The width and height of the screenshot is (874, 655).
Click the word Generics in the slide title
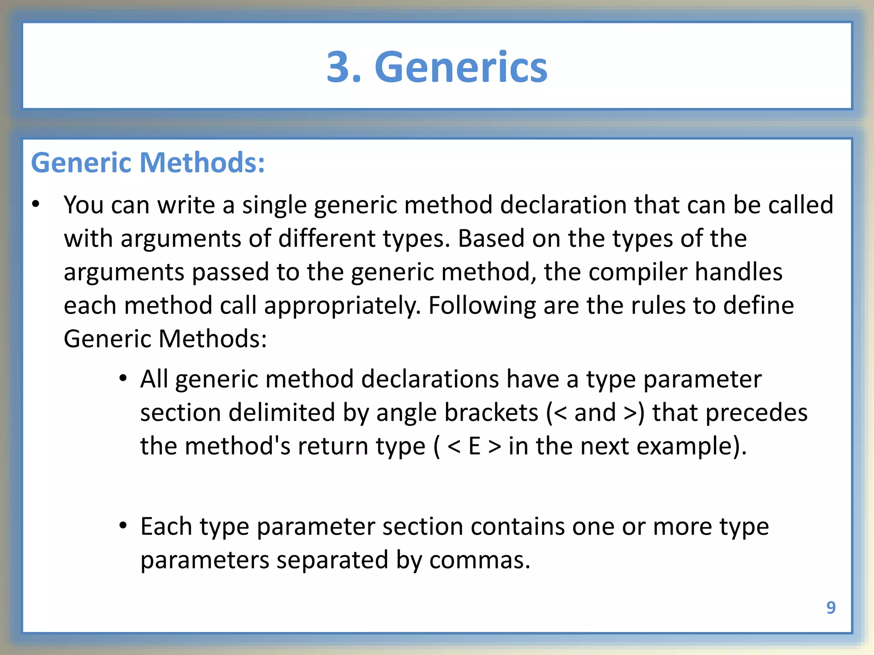[461, 67]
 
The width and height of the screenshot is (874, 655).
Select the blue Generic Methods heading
[148, 163]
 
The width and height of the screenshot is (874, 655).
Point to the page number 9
[830, 607]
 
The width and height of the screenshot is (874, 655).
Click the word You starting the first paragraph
[84, 205]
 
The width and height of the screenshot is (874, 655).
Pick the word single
[274, 206]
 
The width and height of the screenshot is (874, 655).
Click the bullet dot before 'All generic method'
[123, 378]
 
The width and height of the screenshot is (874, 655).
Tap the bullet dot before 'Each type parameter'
[123, 525]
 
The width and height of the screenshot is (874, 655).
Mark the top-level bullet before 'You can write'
[36, 204]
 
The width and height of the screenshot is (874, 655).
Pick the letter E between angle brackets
[475, 446]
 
